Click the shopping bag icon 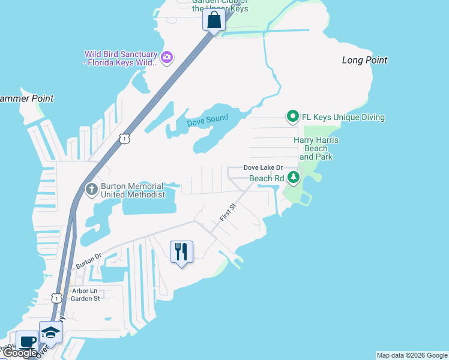click(x=214, y=20)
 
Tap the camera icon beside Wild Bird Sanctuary click(x=167, y=58)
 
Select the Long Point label click(x=364, y=60)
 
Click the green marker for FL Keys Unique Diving click(x=292, y=116)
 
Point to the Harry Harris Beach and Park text click(x=316, y=148)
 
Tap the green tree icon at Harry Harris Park click(x=294, y=177)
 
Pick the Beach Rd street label click(x=267, y=178)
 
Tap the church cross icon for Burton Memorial click(x=91, y=190)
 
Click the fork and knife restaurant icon click(x=181, y=251)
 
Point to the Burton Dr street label click(x=89, y=260)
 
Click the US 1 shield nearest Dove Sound click(x=124, y=139)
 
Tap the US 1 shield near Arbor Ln click(x=56, y=298)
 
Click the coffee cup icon click(x=27, y=341)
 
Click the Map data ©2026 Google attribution click(x=412, y=355)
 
